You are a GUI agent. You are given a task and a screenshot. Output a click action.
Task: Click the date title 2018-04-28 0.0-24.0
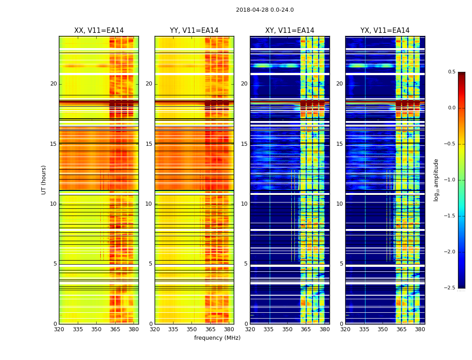pos(265,10)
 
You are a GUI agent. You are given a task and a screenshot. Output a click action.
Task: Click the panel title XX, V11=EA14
pos(99,31)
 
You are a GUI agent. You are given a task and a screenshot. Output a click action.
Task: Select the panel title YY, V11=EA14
pos(194,31)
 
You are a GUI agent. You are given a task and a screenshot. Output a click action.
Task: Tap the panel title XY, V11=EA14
pos(289,31)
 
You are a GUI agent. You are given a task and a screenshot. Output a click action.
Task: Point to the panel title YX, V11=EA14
pos(385,31)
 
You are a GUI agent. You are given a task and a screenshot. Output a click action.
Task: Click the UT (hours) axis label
pos(44,180)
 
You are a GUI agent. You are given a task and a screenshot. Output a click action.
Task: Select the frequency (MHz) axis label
pos(217,338)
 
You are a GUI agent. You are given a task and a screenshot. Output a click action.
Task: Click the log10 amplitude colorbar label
pos(436,180)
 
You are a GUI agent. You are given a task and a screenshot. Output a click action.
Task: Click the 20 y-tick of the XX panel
pos(53,84)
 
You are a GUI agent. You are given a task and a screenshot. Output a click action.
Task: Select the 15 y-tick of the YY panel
pos(149,144)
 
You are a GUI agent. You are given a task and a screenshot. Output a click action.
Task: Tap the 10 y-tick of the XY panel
pos(244,204)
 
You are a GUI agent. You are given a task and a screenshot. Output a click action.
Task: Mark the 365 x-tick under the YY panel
pos(210,329)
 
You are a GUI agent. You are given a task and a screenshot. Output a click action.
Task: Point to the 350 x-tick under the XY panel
pos(287,329)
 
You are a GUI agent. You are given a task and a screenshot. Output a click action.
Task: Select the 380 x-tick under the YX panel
pos(420,329)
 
